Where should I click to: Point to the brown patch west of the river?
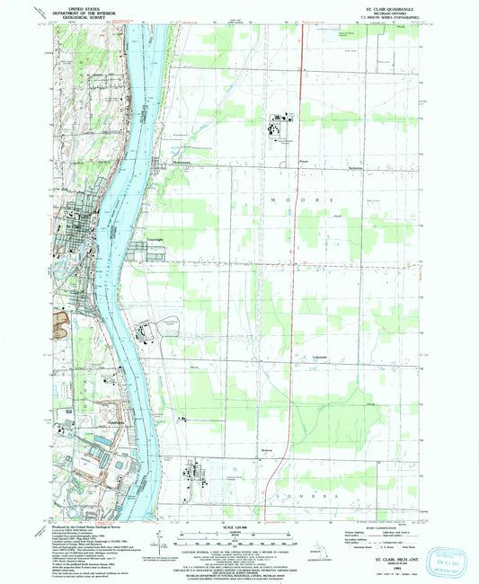62,320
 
